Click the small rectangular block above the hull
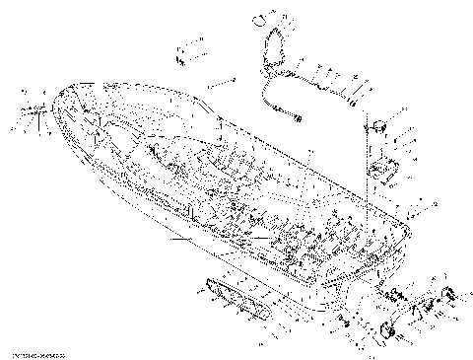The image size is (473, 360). [184, 52]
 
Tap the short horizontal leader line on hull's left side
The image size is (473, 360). [182, 240]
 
